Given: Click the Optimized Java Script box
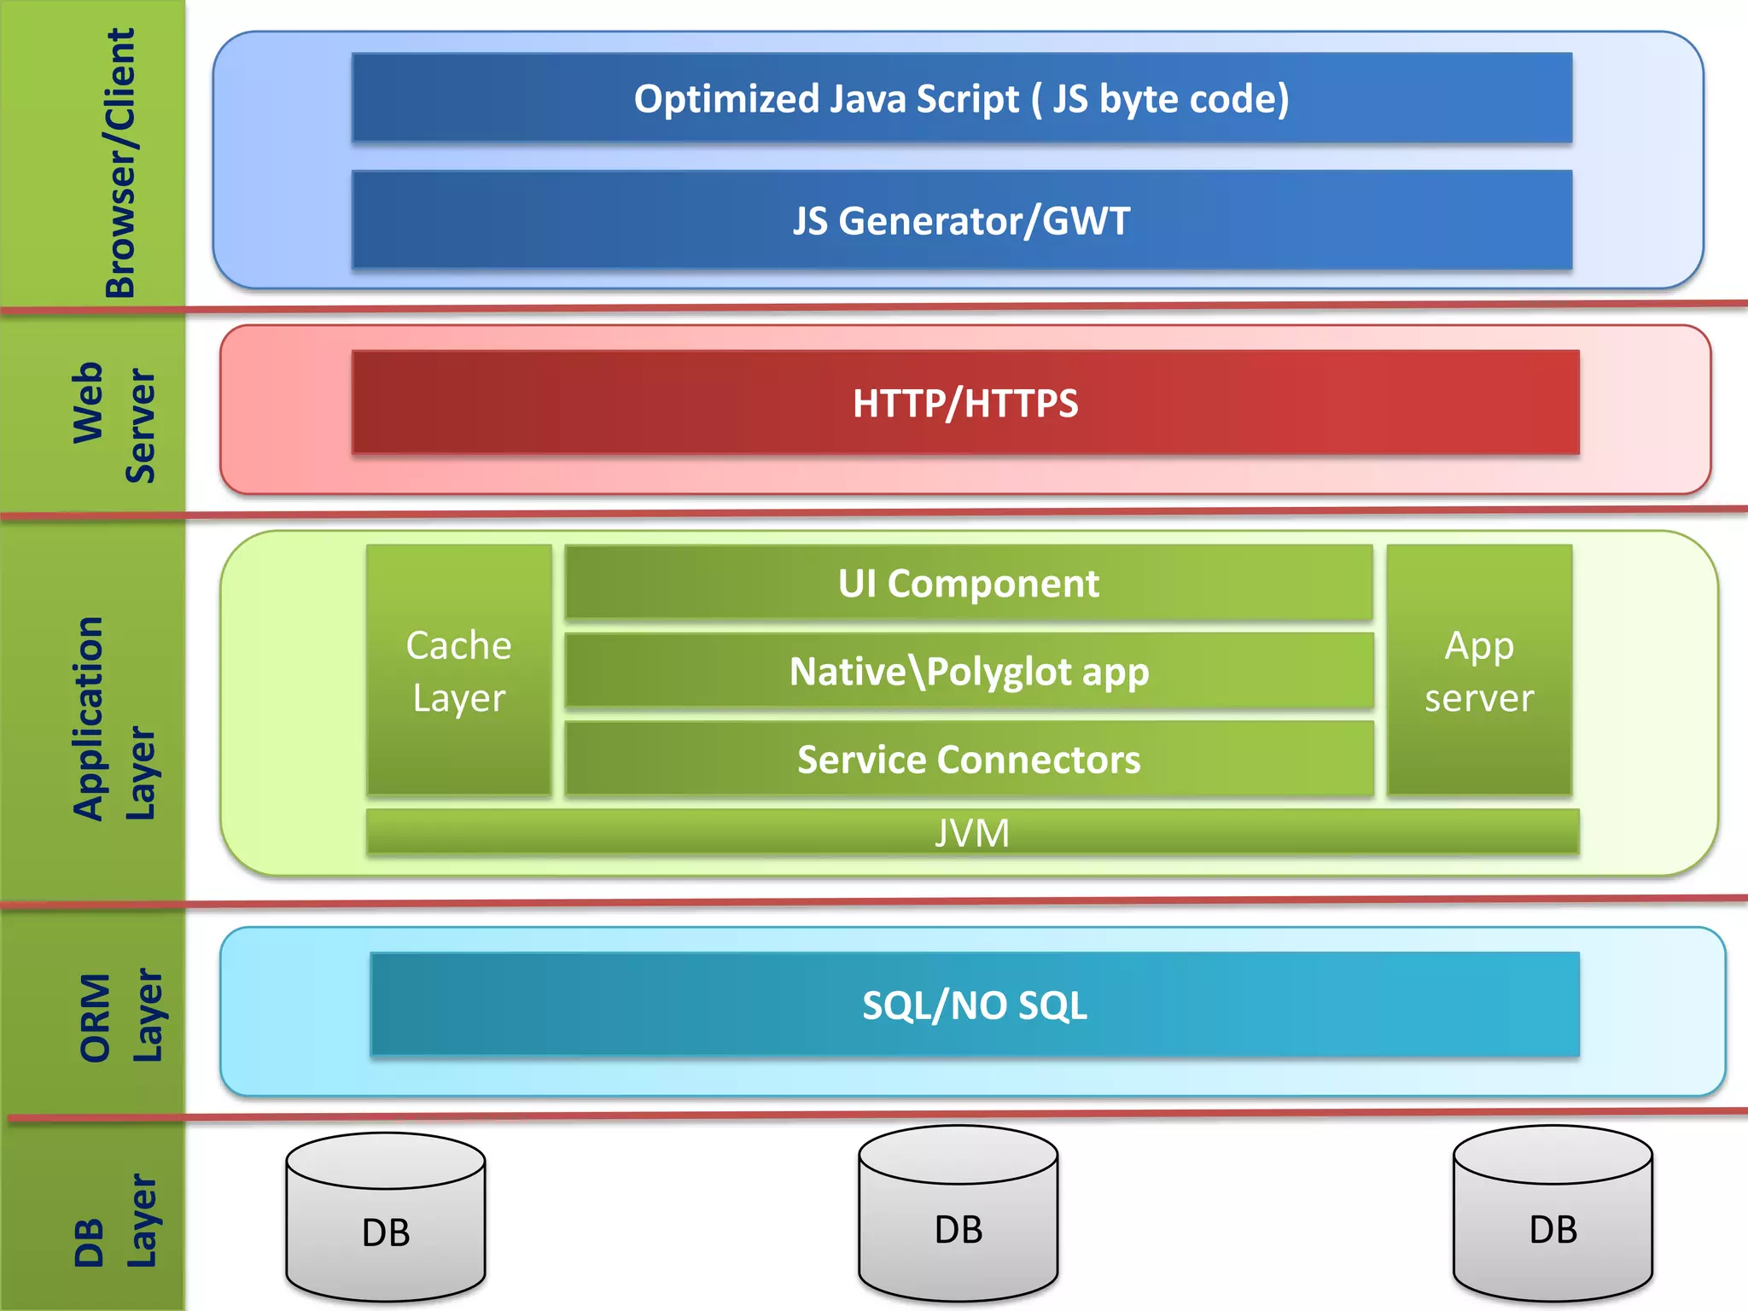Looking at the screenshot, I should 962,98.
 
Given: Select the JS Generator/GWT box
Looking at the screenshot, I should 962,220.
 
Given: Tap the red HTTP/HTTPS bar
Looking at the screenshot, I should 965,403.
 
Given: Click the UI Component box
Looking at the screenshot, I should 969,583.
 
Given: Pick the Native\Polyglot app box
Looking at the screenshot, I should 969,671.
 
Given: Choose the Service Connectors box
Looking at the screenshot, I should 969,759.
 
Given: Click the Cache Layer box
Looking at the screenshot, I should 459,671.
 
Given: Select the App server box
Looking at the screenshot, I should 1479,671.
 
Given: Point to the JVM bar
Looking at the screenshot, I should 972,832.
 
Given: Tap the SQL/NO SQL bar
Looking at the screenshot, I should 975,1005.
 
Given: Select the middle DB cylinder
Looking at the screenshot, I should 958,1216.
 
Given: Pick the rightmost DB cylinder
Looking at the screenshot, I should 1553,1216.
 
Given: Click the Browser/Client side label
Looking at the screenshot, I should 119,162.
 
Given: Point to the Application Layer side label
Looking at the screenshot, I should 114,717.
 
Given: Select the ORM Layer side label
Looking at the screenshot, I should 119,1016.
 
